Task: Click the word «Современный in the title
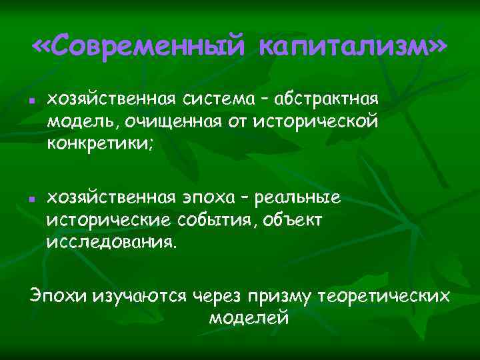click(139, 48)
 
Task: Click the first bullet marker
click(32, 101)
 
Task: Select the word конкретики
click(99, 143)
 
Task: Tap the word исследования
click(112, 241)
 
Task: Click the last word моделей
click(249, 317)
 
